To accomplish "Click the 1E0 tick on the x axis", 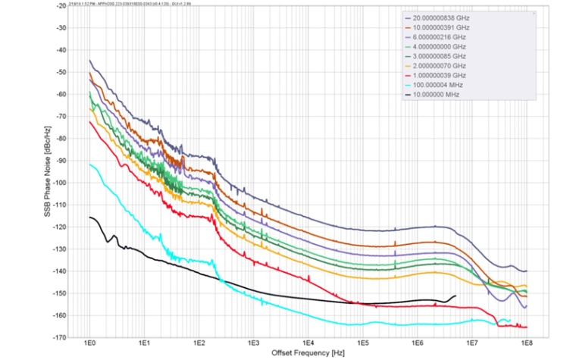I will point(89,345).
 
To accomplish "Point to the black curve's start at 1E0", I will point(89,217).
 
